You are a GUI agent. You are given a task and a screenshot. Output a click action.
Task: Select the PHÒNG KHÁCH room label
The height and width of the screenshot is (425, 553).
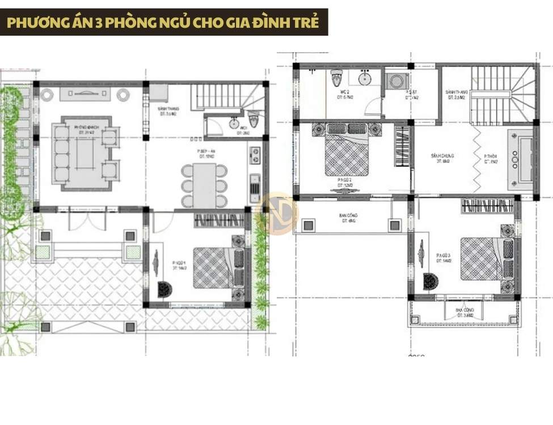86,129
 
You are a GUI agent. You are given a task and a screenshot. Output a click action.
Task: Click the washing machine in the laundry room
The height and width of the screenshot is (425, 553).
394,82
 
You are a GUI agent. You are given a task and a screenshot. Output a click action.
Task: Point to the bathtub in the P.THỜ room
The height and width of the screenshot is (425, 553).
520,159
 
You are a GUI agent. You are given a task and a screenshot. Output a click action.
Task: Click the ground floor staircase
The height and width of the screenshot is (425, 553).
224,97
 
